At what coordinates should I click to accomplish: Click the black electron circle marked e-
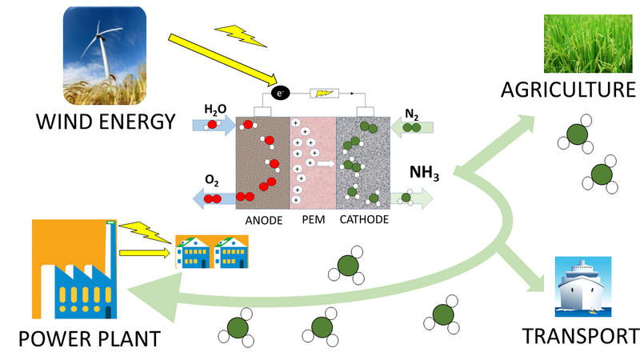point(280,93)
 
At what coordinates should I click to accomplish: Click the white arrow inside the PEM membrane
point(324,163)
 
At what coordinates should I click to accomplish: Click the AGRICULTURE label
point(569,90)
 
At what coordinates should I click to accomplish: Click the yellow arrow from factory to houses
point(145,254)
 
